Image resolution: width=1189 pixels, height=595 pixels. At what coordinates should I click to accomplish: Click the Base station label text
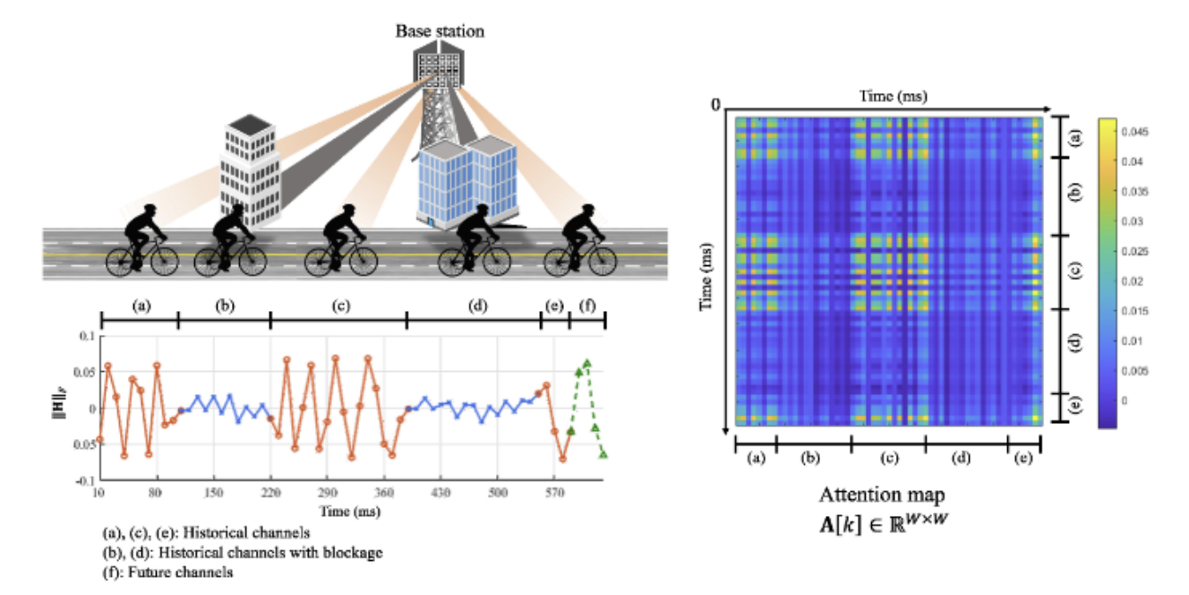tap(440, 31)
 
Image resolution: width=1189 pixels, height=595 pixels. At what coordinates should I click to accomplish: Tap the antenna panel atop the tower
tap(439, 63)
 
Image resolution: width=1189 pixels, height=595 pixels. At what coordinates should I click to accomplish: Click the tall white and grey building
tap(250, 170)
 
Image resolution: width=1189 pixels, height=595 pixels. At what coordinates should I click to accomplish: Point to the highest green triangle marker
tap(586, 363)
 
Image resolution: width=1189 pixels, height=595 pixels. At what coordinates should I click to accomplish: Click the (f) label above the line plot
tap(587, 306)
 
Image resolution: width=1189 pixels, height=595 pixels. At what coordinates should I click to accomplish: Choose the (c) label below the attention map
tap(888, 460)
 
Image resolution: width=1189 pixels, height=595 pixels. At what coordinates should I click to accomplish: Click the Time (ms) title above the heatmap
tap(887, 95)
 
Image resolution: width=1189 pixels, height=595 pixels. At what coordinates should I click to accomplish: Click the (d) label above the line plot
tap(476, 306)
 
